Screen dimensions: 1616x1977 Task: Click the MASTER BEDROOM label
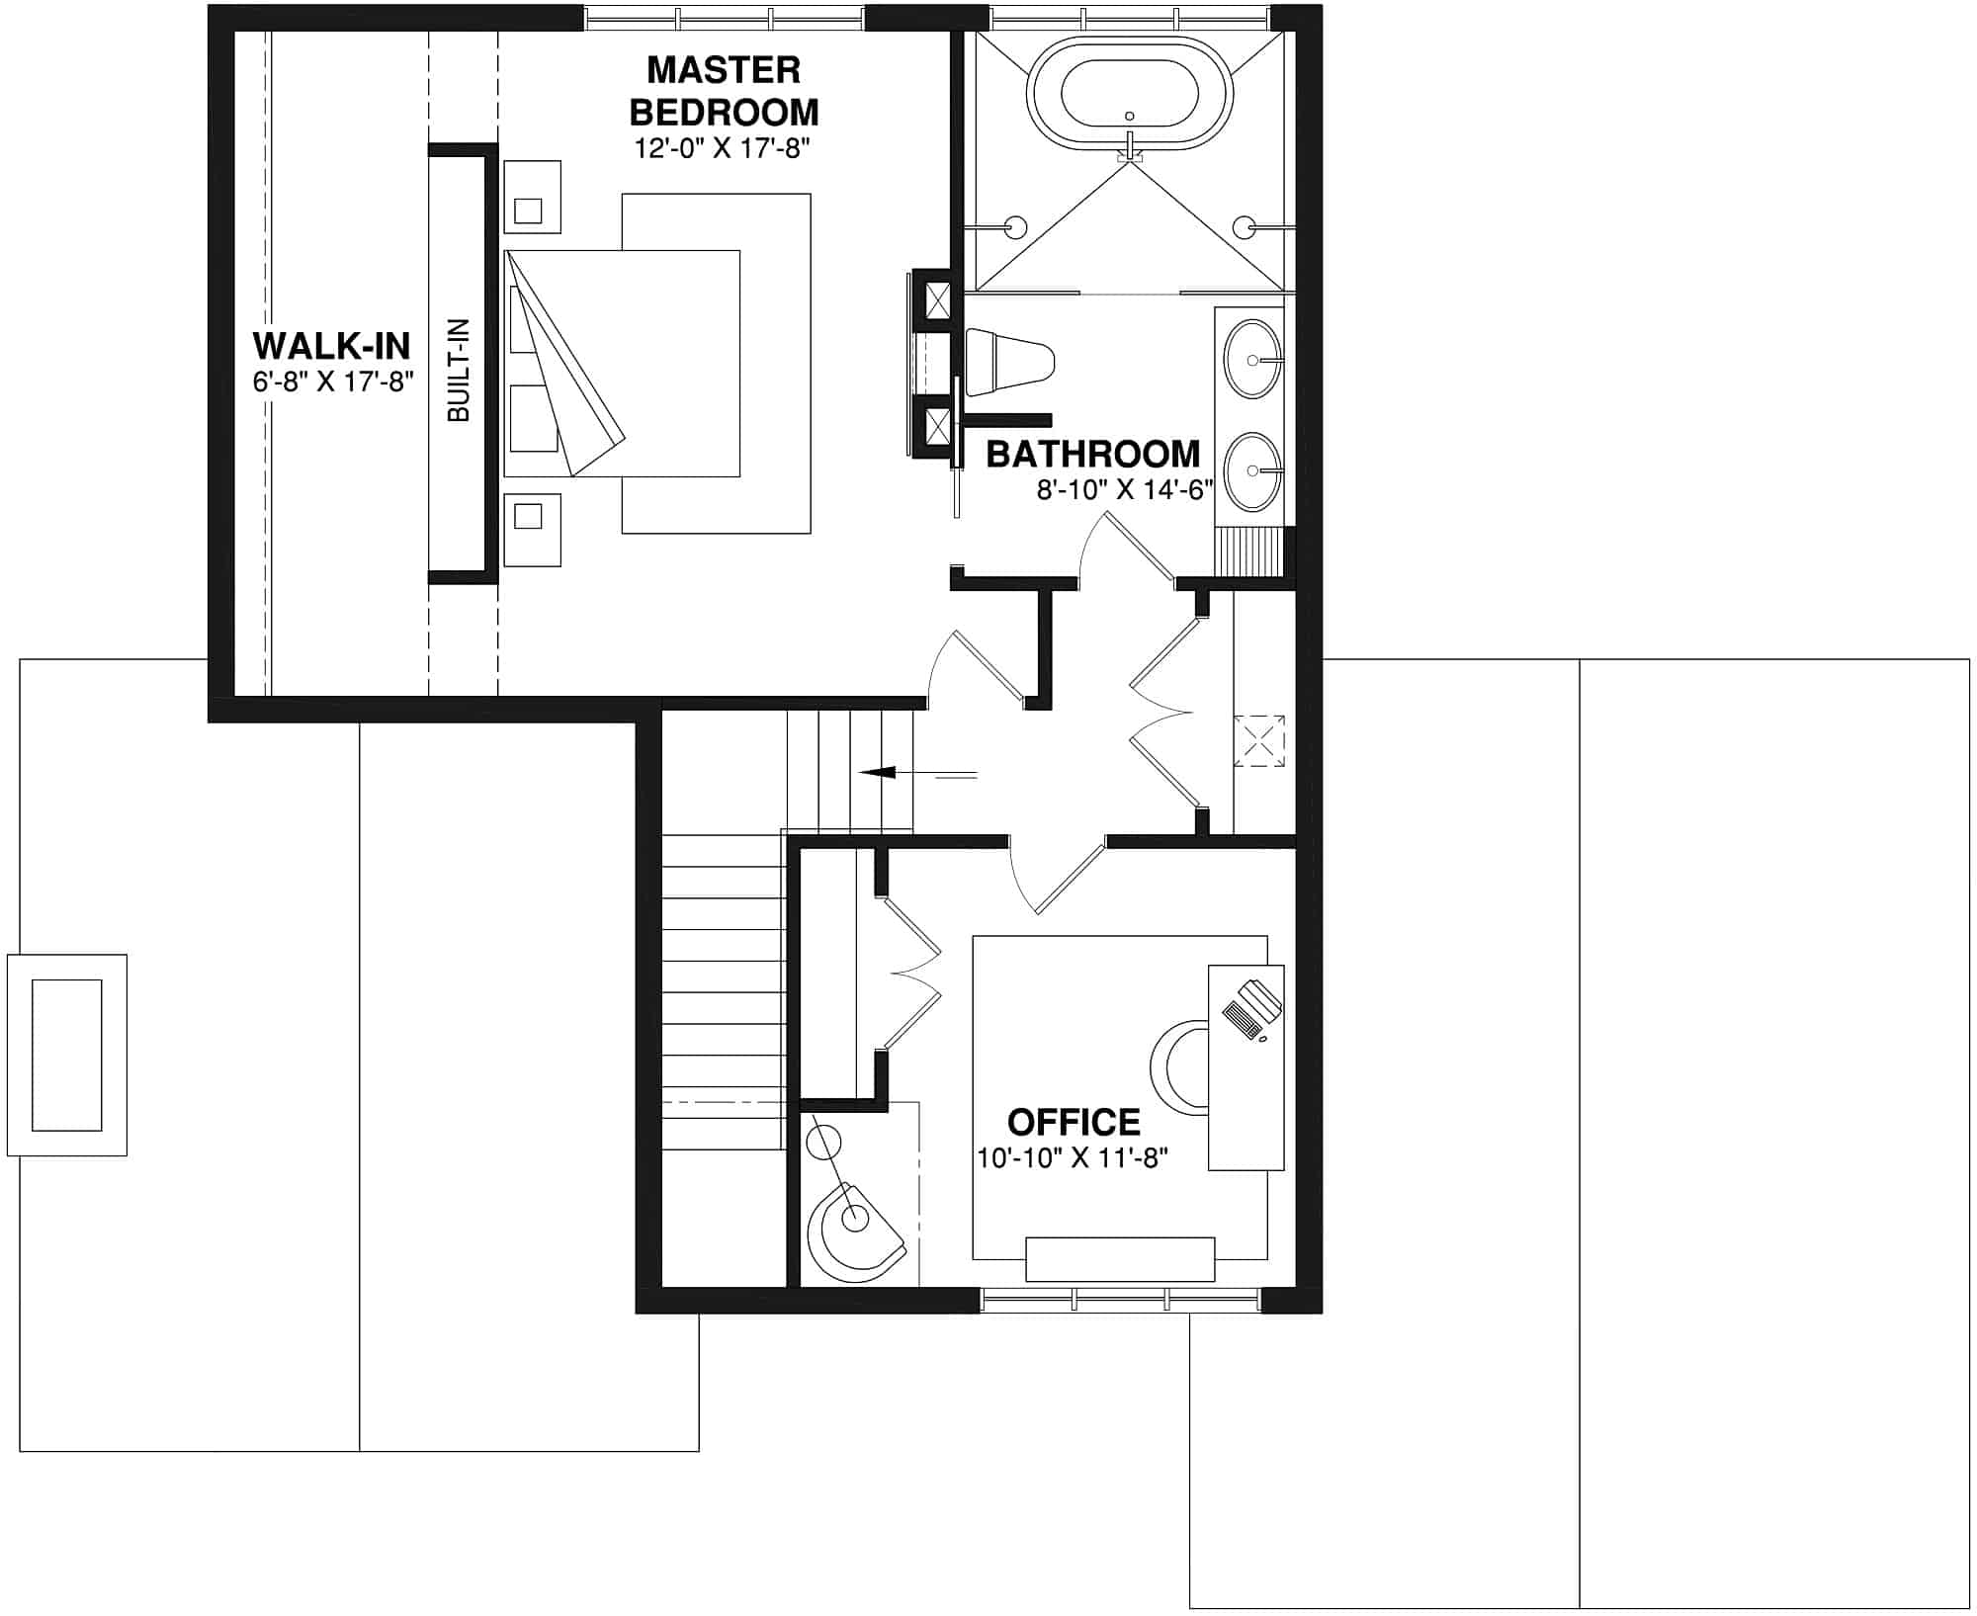click(725, 91)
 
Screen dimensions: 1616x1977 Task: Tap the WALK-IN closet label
click(331, 347)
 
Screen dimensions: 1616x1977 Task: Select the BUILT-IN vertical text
click(459, 371)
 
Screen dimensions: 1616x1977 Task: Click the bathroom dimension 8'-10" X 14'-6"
click(1124, 491)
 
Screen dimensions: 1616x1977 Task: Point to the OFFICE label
click(1074, 1123)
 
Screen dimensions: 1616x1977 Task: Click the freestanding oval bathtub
click(1130, 96)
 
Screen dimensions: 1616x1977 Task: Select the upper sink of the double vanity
click(1253, 360)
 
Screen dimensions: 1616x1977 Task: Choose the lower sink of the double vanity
click(1253, 471)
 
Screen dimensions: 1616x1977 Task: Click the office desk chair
click(1179, 1068)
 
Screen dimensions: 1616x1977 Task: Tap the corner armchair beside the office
click(853, 1231)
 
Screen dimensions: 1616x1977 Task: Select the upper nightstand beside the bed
click(532, 198)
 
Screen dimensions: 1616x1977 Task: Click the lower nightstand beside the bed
click(532, 530)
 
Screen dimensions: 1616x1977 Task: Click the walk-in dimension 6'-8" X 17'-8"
click(332, 382)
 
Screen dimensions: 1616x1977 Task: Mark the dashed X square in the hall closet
click(1259, 740)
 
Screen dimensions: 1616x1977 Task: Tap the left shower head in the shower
click(1013, 226)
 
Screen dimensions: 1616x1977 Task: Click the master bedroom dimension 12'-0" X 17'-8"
click(723, 149)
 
